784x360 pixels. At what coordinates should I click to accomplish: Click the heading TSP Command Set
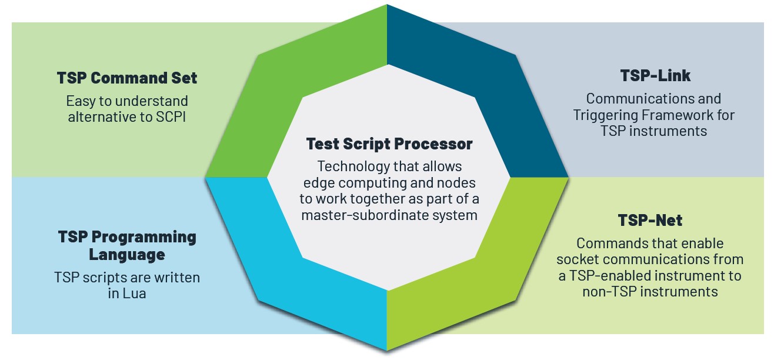[127, 78]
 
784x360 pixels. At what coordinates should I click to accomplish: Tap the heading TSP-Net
[650, 221]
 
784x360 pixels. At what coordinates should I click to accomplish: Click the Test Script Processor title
[389, 144]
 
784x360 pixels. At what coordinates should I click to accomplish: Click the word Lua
[135, 293]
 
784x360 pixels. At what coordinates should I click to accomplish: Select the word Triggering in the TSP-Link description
[606, 115]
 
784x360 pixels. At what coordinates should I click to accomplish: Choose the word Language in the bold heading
[127, 255]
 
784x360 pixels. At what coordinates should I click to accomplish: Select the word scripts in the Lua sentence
[103, 277]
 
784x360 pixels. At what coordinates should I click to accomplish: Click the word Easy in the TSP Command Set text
[79, 101]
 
